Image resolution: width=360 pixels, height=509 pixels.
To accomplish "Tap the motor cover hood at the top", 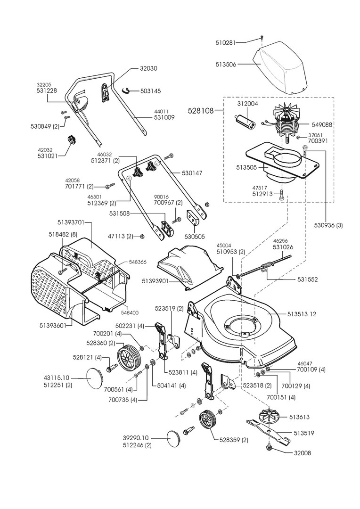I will (x=280, y=66).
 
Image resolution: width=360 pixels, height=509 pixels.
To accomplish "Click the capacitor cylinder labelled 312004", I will (x=246, y=118).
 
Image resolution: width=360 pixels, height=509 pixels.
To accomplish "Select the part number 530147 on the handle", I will (x=192, y=173).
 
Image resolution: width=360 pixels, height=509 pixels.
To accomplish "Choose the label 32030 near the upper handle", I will (x=148, y=68).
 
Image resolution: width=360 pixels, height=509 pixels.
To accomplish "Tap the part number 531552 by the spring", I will (x=307, y=279).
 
